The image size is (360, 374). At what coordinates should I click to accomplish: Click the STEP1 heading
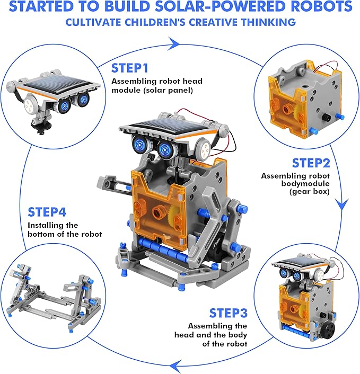pos(129,68)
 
